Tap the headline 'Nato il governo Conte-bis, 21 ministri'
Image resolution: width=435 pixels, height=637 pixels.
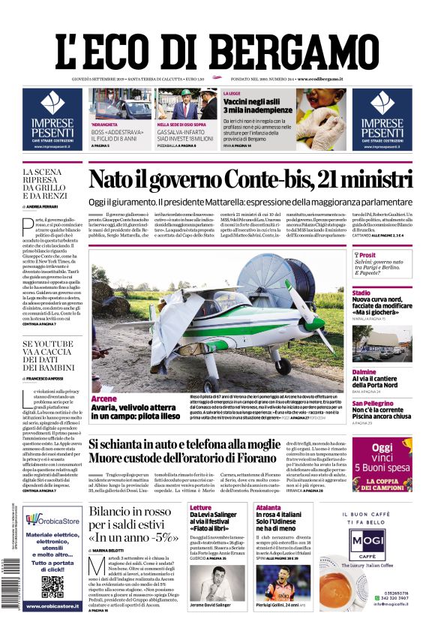click(250, 180)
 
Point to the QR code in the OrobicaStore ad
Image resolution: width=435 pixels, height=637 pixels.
click(52, 587)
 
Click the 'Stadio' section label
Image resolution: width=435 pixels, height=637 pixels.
click(361, 293)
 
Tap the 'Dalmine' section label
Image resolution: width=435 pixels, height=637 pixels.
click(364, 372)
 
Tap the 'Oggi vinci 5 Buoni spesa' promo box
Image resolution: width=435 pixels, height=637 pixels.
click(382, 463)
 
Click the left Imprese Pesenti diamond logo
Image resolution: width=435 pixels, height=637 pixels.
click(52, 103)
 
